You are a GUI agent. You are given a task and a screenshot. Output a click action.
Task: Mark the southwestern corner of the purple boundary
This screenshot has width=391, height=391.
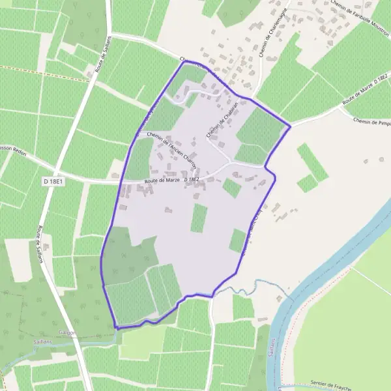[115, 327]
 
